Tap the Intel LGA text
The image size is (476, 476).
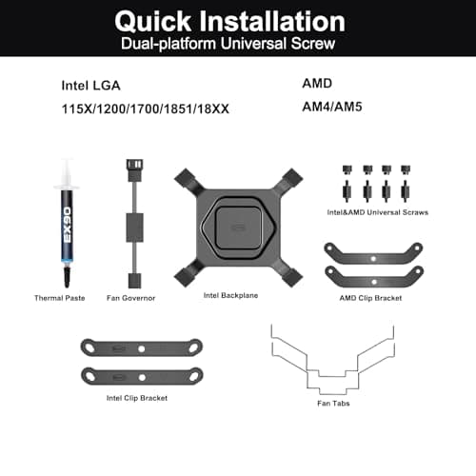click(x=88, y=84)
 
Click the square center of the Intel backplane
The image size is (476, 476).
click(x=232, y=228)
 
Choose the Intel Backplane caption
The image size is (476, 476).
click(x=231, y=295)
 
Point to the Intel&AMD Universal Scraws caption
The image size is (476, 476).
click(x=376, y=212)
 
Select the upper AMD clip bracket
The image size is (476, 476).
click(x=375, y=252)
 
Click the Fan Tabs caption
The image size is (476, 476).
click(x=331, y=404)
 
